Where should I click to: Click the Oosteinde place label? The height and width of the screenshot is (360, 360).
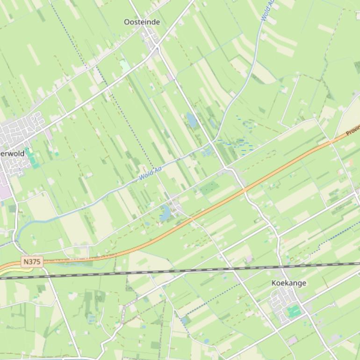tap(142, 22)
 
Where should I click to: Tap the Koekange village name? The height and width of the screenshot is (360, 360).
tap(289, 283)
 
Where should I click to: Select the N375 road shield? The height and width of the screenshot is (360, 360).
tap(32, 262)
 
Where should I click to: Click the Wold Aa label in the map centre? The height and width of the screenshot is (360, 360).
tap(150, 173)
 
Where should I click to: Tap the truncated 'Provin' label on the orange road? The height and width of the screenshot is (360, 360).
tap(353, 130)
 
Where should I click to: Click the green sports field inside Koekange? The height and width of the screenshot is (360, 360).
tap(294, 311)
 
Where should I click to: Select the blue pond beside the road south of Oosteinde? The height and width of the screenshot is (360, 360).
tap(192, 120)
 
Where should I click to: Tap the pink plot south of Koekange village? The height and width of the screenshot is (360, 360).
tap(293, 340)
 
